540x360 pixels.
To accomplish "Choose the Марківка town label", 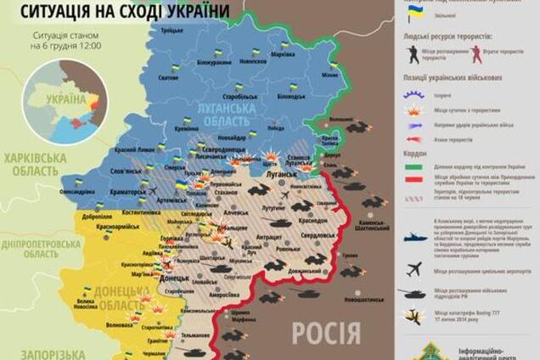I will point(282,54).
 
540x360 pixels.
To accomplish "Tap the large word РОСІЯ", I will point(326,333).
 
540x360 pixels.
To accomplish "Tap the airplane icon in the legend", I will point(414,270).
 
